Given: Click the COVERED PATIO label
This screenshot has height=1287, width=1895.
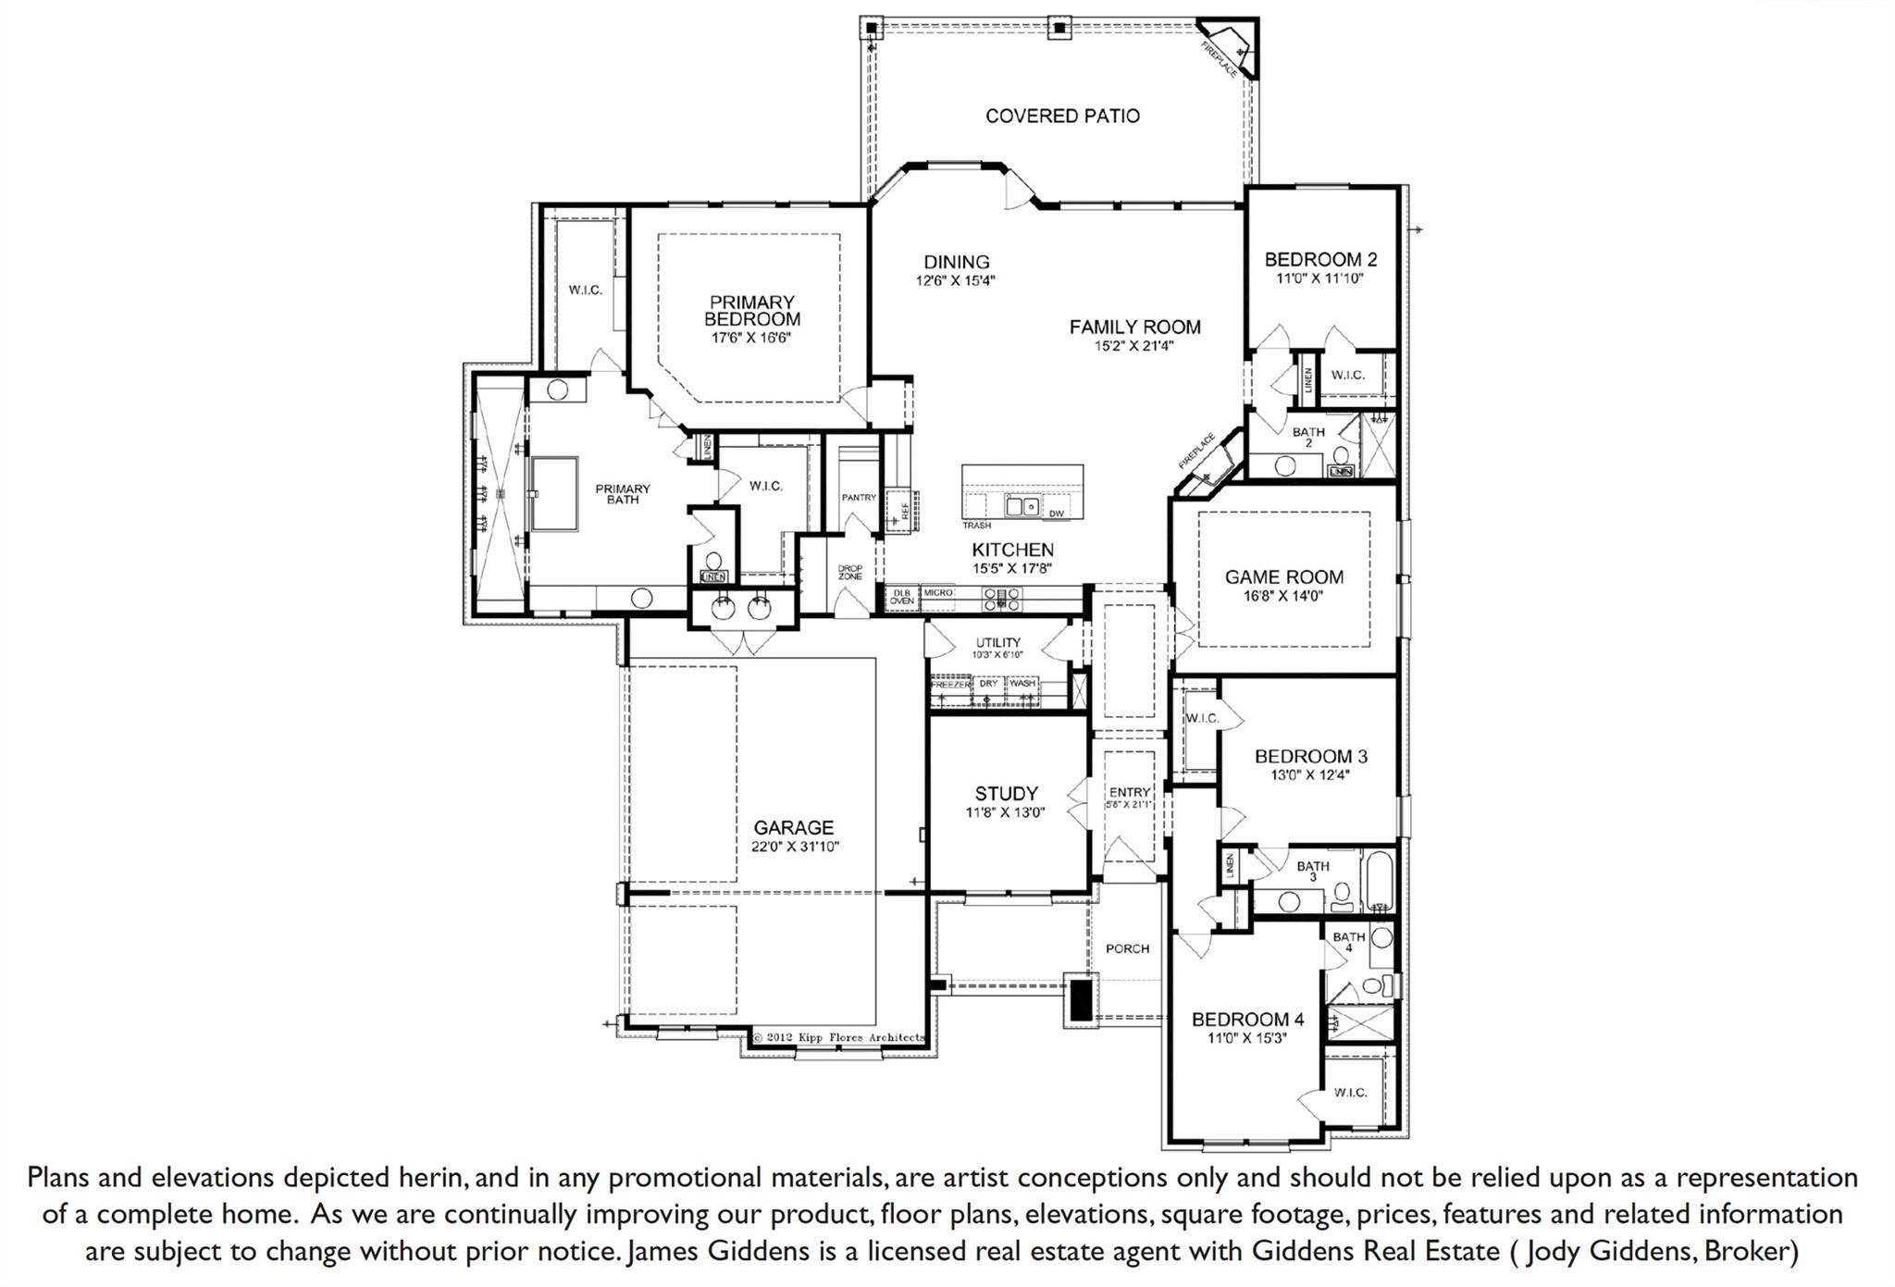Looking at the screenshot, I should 1062,117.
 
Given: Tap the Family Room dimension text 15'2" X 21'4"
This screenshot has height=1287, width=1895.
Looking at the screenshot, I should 1134,347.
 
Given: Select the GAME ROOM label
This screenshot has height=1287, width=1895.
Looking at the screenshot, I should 1283,577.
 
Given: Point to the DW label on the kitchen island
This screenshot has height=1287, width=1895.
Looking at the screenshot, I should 1056,514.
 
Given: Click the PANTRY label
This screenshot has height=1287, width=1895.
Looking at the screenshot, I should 859,498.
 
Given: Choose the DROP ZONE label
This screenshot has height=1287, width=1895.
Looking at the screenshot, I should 849,573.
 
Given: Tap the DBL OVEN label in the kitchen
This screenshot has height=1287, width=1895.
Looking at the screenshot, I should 901,597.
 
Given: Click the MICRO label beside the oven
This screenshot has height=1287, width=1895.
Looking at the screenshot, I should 937,593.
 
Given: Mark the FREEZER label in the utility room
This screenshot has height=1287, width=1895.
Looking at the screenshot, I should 949,685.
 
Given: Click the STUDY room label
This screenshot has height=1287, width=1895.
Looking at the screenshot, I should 1006,794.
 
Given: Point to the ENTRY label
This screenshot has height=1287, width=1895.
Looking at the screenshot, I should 1130,792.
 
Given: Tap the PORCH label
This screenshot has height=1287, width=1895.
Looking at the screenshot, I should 1127,949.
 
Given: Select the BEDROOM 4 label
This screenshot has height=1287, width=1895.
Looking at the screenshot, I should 1247,1020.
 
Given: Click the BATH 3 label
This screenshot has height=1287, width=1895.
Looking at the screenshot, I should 1312,871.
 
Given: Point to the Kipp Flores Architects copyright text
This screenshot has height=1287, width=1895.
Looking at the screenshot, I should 837,1038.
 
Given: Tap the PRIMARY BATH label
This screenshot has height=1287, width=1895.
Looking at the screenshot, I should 622,494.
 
